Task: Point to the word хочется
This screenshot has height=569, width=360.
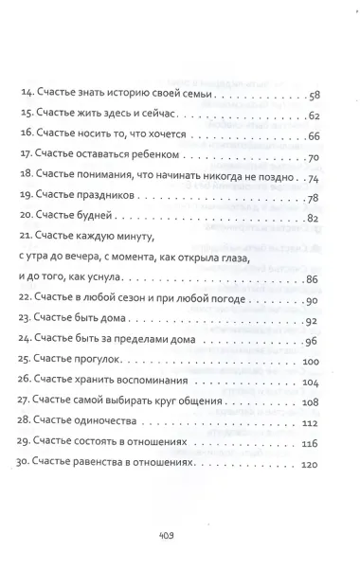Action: (167, 135)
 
